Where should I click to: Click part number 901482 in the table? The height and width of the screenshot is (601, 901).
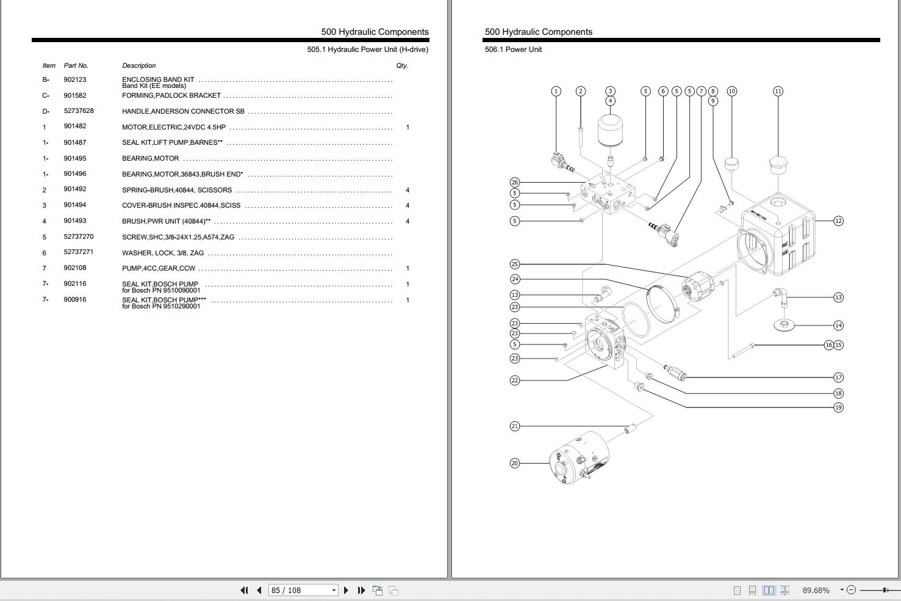pyautogui.click(x=74, y=126)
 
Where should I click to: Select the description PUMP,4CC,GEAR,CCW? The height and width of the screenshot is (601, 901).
pyautogui.click(x=159, y=268)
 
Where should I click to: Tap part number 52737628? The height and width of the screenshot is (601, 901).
pyautogui.click(x=79, y=111)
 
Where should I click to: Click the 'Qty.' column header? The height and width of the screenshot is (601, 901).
pyautogui.click(x=401, y=65)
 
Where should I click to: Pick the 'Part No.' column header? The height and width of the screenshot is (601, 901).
pyautogui.click(x=76, y=65)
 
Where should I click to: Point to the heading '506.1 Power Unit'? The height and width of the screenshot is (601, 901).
pyautogui.click(x=513, y=49)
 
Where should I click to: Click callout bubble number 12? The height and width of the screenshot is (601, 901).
pyautogui.click(x=838, y=221)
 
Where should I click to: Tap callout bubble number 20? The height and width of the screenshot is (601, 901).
pyautogui.click(x=515, y=464)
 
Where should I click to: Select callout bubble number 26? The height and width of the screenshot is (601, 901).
pyautogui.click(x=515, y=183)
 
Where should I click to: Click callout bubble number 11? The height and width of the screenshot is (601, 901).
pyautogui.click(x=778, y=91)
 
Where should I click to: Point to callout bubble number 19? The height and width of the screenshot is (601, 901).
pyautogui.click(x=838, y=407)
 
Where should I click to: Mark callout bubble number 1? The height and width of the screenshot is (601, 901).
pyautogui.click(x=556, y=91)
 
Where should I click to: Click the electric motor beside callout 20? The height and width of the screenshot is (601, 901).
pyautogui.click(x=579, y=458)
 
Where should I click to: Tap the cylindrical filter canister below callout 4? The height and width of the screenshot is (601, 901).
pyautogui.click(x=610, y=130)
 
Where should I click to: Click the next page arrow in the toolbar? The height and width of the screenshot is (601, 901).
pyautogui.click(x=346, y=590)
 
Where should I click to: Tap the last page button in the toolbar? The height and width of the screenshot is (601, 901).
pyautogui.click(x=361, y=590)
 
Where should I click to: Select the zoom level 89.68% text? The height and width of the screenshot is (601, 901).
pyautogui.click(x=816, y=590)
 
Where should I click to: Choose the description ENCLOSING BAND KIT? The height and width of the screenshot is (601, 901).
pyautogui.click(x=158, y=79)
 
